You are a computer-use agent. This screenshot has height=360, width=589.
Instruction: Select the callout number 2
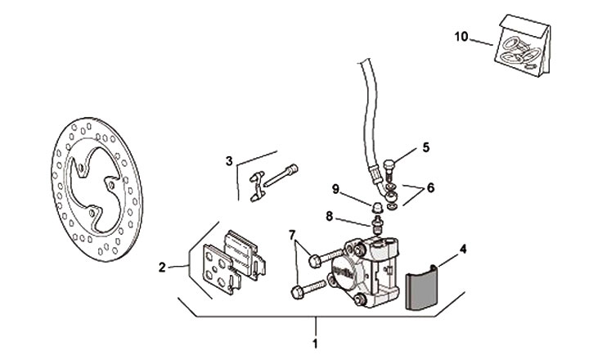tap(163, 267)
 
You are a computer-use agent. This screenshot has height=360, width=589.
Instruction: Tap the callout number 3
tap(230, 160)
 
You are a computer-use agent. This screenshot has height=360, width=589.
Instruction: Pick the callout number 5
tap(425, 147)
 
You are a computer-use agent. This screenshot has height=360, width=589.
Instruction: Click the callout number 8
tap(329, 217)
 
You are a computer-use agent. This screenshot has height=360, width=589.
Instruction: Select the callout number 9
tap(335, 189)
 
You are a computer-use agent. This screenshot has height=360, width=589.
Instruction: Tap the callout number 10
tap(462, 35)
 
